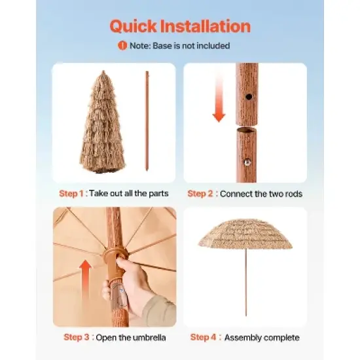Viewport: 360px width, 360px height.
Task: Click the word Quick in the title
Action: click(x=134, y=26)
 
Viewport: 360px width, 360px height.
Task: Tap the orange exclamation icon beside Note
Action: click(x=122, y=46)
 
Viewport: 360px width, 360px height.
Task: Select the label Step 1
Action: click(x=71, y=194)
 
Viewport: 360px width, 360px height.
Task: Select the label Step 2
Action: click(x=200, y=194)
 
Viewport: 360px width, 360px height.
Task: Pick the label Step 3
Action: click(x=77, y=338)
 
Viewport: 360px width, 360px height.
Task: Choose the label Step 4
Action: click(x=204, y=338)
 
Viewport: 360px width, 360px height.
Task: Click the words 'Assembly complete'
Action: click(x=262, y=338)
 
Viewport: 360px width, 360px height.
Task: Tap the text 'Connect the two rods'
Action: click(x=261, y=194)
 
